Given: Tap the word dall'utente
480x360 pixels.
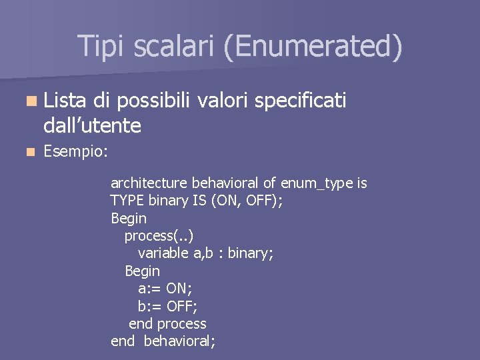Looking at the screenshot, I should coord(92,125).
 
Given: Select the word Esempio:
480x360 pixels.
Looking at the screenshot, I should coord(75,152).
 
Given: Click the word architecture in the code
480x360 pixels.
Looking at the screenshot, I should coord(149,183).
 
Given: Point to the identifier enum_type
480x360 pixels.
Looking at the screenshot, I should coord(317,183).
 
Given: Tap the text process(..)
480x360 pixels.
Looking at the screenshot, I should coord(159,236).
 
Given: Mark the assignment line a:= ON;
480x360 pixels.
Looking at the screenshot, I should coord(166,289).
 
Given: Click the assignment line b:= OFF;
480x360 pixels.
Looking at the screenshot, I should coord(167,306).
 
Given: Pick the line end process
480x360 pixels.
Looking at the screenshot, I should coord(167,324).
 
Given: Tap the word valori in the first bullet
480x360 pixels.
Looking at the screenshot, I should coord(225,101).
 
